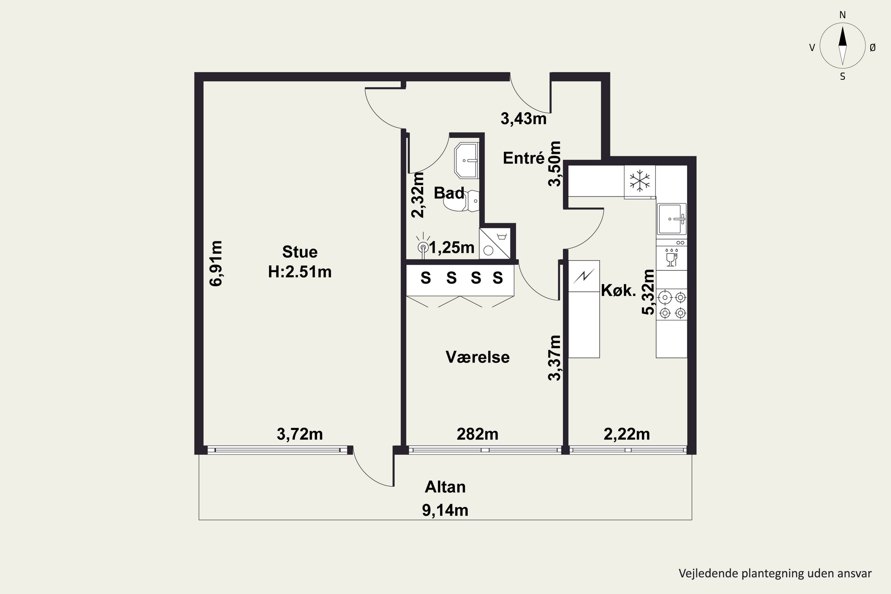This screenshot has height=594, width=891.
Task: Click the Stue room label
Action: (300, 252)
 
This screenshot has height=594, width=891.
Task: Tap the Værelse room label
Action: (477, 357)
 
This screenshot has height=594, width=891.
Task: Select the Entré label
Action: (524, 158)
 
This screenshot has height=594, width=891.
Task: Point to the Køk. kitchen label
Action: (618, 290)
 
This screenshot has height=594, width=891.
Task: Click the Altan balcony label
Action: (445, 487)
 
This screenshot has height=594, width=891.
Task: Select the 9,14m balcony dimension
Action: (445, 510)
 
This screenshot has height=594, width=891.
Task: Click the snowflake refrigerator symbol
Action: (639, 181)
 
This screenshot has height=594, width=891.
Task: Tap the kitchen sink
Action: (672, 219)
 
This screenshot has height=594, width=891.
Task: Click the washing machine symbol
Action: (495, 244)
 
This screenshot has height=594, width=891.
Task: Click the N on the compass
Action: (843, 15)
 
